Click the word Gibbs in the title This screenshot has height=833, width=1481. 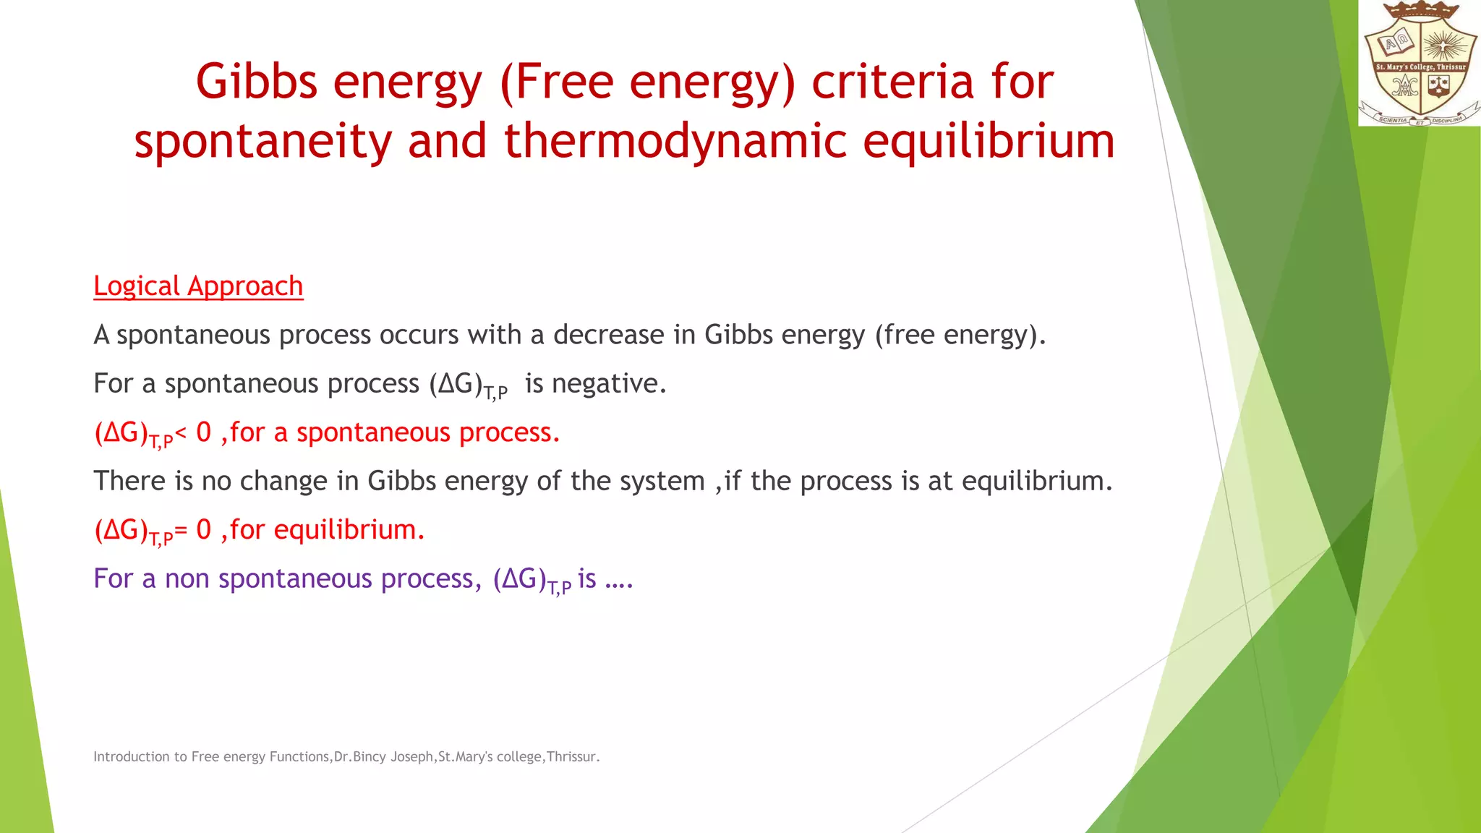tap(257, 81)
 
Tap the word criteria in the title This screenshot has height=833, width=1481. tap(892, 81)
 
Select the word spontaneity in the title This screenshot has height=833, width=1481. tap(263, 140)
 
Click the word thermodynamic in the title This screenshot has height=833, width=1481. tap(675, 140)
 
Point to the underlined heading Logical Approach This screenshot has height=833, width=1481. tap(198, 286)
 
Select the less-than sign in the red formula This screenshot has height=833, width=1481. tap(181, 432)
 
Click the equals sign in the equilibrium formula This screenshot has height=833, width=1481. tap(181, 530)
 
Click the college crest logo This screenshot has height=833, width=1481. tap(1419, 64)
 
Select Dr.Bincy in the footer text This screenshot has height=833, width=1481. tap(359, 757)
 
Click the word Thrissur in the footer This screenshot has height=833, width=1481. tap(571, 757)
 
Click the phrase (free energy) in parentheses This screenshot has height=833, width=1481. tap(960, 335)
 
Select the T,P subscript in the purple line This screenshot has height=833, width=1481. tap(560, 587)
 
